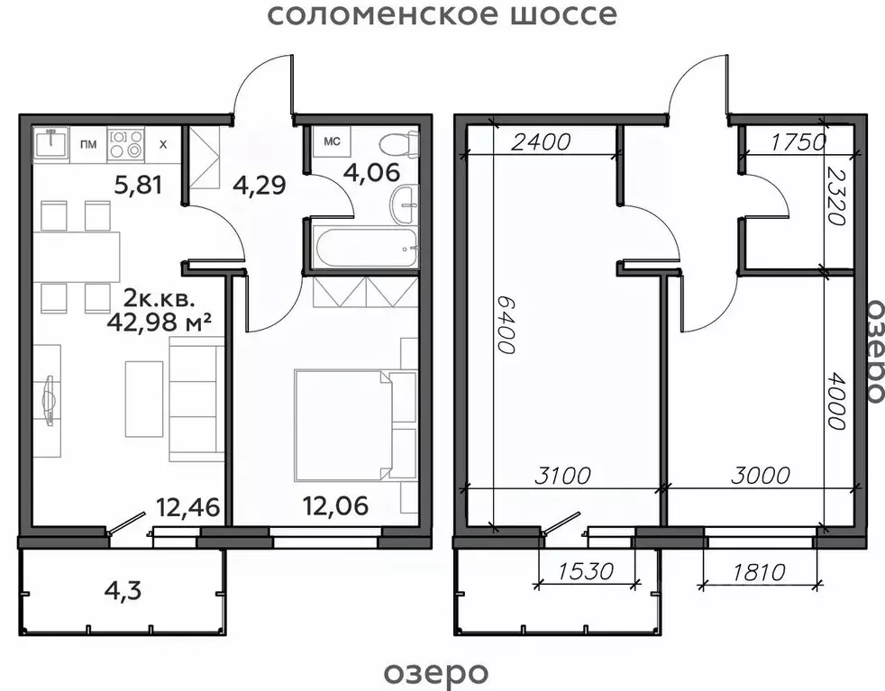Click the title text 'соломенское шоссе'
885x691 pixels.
(442, 15)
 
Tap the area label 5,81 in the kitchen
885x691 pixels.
(138, 186)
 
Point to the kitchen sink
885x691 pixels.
(52, 143)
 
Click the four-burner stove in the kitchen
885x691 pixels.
(125, 144)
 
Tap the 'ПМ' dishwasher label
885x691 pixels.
(88, 145)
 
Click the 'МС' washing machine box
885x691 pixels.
(332, 141)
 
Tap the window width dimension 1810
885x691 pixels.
(758, 571)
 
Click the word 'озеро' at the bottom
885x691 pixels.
(436, 672)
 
